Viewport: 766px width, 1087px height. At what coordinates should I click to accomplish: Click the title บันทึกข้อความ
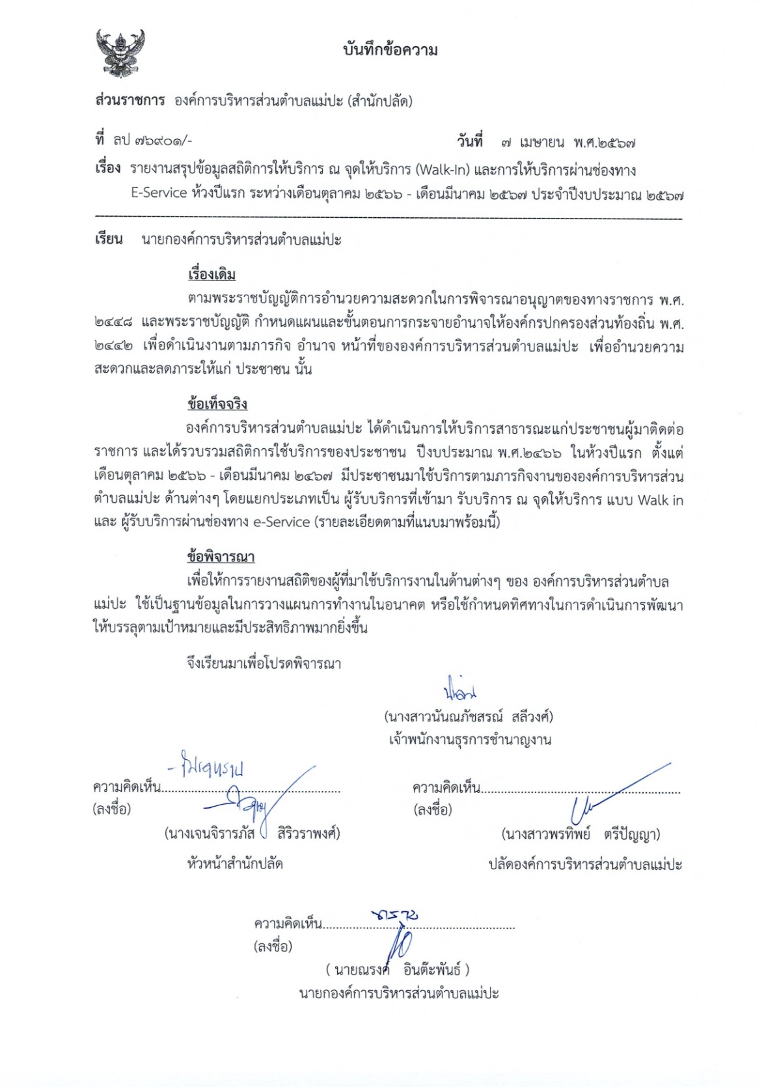click(390, 50)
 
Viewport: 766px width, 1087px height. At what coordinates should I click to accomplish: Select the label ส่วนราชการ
click(130, 101)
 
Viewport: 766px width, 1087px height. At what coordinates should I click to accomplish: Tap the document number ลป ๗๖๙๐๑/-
click(152, 140)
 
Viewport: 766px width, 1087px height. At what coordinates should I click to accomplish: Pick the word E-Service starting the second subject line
click(159, 193)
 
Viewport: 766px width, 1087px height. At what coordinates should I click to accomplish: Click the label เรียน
click(109, 239)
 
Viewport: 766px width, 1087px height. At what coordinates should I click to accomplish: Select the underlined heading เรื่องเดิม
click(212, 274)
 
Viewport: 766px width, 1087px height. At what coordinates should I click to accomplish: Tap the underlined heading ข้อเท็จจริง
click(217, 404)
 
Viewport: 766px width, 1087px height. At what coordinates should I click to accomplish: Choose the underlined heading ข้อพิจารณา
click(221, 557)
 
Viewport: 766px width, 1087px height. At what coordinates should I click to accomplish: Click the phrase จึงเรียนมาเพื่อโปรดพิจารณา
click(264, 664)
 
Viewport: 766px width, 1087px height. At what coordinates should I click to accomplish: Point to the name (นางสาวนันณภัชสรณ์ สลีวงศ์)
click(469, 717)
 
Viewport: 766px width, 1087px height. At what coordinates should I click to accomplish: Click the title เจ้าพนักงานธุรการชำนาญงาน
click(469, 740)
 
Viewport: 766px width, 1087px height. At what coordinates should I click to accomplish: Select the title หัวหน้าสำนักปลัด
click(235, 864)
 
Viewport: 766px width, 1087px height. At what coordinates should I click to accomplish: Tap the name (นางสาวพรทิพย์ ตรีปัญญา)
click(581, 834)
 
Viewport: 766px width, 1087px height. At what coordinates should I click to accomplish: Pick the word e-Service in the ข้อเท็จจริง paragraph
click(280, 522)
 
